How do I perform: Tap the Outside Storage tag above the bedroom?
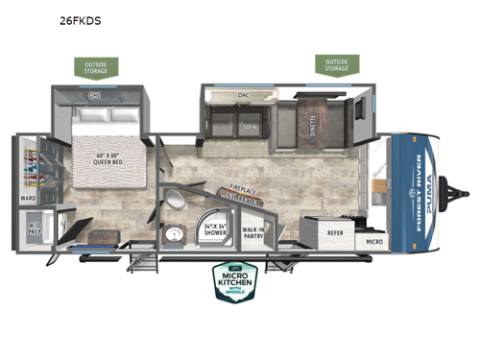click(96, 67)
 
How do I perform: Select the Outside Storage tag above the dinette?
click(337, 64)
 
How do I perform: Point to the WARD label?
click(28, 200)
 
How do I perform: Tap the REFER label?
click(336, 230)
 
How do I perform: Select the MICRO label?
click(374, 242)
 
